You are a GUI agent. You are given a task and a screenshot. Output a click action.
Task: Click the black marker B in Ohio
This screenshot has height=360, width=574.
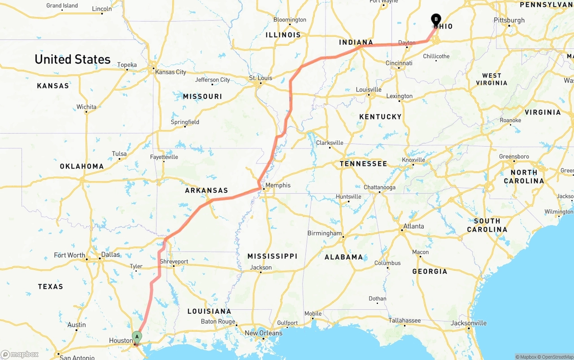[x=436, y=19]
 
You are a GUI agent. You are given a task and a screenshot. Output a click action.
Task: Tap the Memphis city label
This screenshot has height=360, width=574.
[x=278, y=185]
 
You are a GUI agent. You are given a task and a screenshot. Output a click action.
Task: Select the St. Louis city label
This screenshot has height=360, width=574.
[x=261, y=78]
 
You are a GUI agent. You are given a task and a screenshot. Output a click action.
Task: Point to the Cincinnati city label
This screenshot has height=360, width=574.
[x=399, y=63]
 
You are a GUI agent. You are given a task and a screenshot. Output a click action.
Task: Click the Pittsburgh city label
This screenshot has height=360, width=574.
[x=509, y=20]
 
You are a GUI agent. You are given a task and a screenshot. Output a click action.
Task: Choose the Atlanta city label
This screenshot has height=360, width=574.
[x=413, y=226]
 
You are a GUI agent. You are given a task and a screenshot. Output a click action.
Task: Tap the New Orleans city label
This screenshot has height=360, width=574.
[x=263, y=333]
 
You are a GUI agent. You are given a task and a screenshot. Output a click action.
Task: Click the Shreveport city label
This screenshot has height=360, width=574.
[x=174, y=261]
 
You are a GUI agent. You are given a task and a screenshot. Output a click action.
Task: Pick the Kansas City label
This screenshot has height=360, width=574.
[x=171, y=72]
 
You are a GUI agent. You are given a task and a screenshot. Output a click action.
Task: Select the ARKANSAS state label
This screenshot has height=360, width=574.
[x=206, y=191]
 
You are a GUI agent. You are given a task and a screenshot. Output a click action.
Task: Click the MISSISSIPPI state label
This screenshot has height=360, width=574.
[x=272, y=256]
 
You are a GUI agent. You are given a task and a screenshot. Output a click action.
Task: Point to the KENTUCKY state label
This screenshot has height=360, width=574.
[x=380, y=117]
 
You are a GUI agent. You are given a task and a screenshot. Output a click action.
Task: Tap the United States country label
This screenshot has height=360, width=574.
[x=72, y=59]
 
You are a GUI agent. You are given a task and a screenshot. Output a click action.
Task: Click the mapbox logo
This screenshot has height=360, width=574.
[x=20, y=354]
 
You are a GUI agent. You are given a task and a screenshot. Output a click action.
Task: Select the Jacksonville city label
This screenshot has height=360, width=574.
[x=469, y=323]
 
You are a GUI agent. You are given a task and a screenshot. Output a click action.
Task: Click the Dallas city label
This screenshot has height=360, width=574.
[x=110, y=255]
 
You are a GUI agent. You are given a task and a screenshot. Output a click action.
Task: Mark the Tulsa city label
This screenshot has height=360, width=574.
[x=119, y=154]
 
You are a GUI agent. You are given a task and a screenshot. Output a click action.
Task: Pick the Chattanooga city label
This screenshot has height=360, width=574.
[x=379, y=187]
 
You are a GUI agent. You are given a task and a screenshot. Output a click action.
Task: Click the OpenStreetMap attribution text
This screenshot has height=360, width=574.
[x=557, y=357]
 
